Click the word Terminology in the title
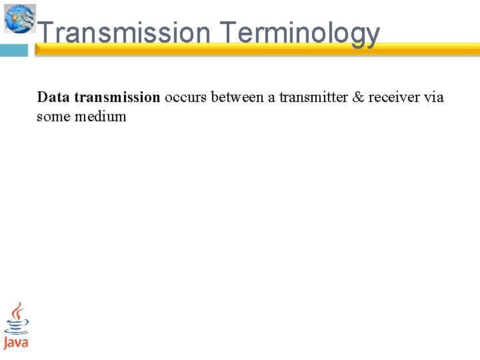[299, 33]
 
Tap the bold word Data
[53, 97]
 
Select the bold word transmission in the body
[117, 97]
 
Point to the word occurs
[185, 97]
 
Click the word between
[237, 97]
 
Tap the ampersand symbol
[358, 97]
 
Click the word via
[433, 97]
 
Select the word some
[53, 117]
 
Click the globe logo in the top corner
[19, 18]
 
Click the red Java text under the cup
[16, 343]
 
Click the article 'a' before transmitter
[271, 97]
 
